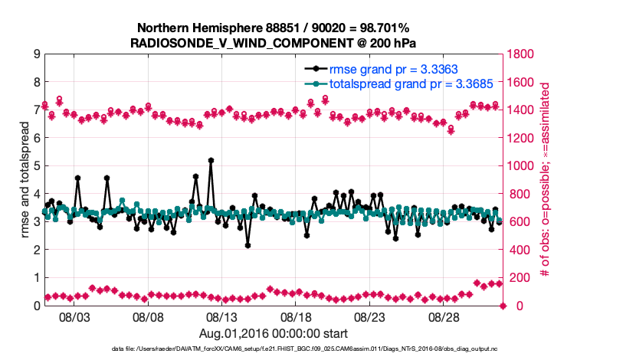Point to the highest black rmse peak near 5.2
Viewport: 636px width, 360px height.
click(x=211, y=161)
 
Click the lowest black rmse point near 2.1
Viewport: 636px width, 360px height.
click(x=248, y=245)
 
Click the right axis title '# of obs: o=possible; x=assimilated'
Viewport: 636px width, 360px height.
click(x=546, y=180)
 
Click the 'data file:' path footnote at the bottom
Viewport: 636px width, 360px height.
click(x=318, y=349)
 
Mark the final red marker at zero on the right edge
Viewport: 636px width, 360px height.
click(x=503, y=306)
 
